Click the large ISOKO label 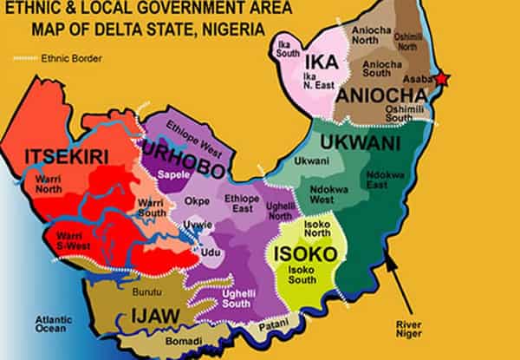(x=299, y=253)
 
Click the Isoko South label (x=302, y=277)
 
